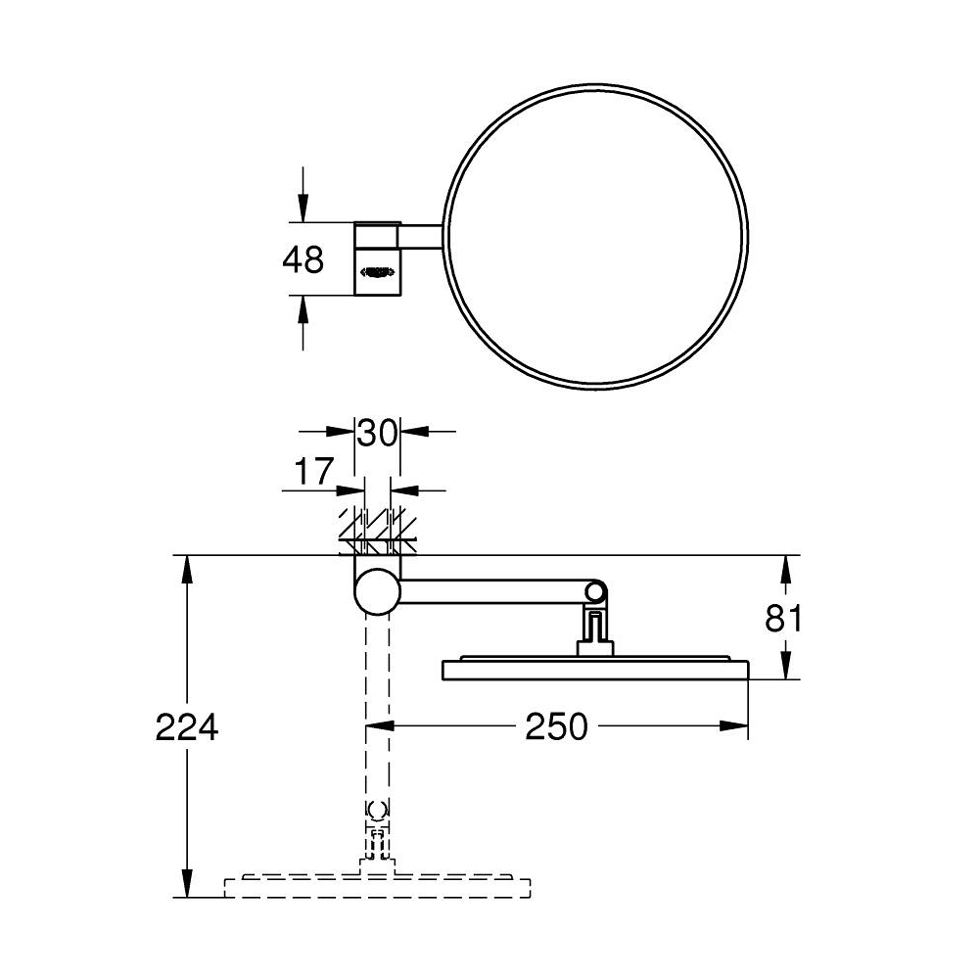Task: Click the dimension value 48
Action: [x=303, y=260]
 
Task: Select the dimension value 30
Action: [x=377, y=432]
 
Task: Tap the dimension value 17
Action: [x=314, y=472]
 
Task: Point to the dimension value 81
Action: [x=784, y=620]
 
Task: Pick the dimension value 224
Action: [x=186, y=727]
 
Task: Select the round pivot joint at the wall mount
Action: [x=377, y=592]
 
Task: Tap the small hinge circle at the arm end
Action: [x=594, y=591]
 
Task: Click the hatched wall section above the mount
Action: [x=377, y=529]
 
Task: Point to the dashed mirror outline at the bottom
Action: [x=378, y=887]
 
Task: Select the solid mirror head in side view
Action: [x=595, y=670]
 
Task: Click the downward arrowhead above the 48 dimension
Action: [x=303, y=210]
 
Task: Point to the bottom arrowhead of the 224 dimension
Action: [x=187, y=886]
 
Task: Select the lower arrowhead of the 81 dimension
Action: [x=784, y=669]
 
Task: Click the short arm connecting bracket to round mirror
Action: [x=421, y=237]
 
